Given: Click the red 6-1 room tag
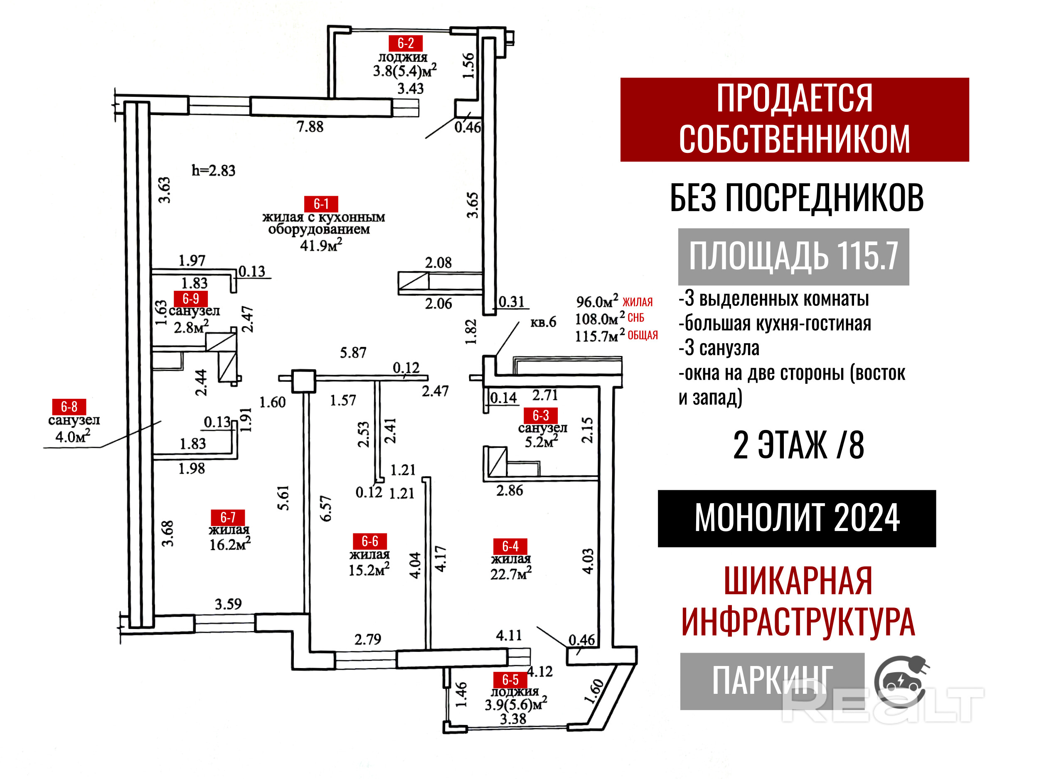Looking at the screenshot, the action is (321, 204).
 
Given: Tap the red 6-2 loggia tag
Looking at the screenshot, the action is (405, 43).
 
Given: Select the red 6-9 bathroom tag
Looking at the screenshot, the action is (190, 299).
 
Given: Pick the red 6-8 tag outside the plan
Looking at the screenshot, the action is (69, 407).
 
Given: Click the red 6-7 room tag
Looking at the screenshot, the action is (228, 517).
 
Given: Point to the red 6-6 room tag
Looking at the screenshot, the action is (369, 541).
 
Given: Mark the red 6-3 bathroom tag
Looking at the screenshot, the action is (540, 415).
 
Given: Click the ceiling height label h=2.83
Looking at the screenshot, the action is (213, 170).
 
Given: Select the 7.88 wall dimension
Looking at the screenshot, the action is (310, 127).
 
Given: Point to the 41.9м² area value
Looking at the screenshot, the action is (321, 245).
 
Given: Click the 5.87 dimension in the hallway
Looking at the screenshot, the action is (353, 353).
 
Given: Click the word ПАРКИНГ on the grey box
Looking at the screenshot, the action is (772, 681).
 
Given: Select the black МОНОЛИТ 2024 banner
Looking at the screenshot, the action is (797, 519).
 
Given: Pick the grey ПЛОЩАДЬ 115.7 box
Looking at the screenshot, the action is (793, 256).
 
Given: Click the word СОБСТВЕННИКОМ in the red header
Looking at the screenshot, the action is (794, 140).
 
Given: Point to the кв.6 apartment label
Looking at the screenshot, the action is (543, 322).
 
